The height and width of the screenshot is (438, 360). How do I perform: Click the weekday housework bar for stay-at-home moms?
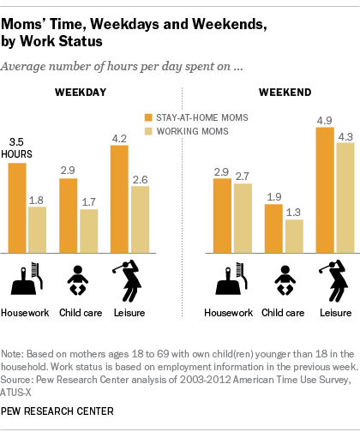17,208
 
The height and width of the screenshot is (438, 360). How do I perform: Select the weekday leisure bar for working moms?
141,219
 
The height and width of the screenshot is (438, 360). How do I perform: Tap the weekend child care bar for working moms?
294,237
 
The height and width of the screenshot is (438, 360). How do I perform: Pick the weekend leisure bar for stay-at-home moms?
325,190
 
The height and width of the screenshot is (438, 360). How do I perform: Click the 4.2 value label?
119,139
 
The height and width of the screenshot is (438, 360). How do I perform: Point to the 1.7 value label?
88,202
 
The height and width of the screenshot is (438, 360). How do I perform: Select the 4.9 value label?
325,121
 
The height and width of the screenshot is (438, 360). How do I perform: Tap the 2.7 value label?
243,177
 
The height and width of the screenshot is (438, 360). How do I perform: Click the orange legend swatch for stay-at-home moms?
148,117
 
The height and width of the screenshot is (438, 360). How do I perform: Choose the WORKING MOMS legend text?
193,131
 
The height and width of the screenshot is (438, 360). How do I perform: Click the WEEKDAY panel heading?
81,93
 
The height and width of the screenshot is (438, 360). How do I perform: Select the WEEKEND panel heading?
285,93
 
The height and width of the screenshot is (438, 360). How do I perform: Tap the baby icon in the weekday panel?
78,280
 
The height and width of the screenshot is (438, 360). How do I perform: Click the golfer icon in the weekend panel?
333,281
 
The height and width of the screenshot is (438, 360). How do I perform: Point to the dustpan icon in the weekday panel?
23,281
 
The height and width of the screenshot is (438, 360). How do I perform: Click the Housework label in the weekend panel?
228,313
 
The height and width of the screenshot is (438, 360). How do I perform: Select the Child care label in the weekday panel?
81,313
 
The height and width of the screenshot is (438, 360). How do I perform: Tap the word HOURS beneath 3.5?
16,154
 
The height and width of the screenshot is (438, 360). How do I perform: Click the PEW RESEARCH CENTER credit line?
57,411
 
